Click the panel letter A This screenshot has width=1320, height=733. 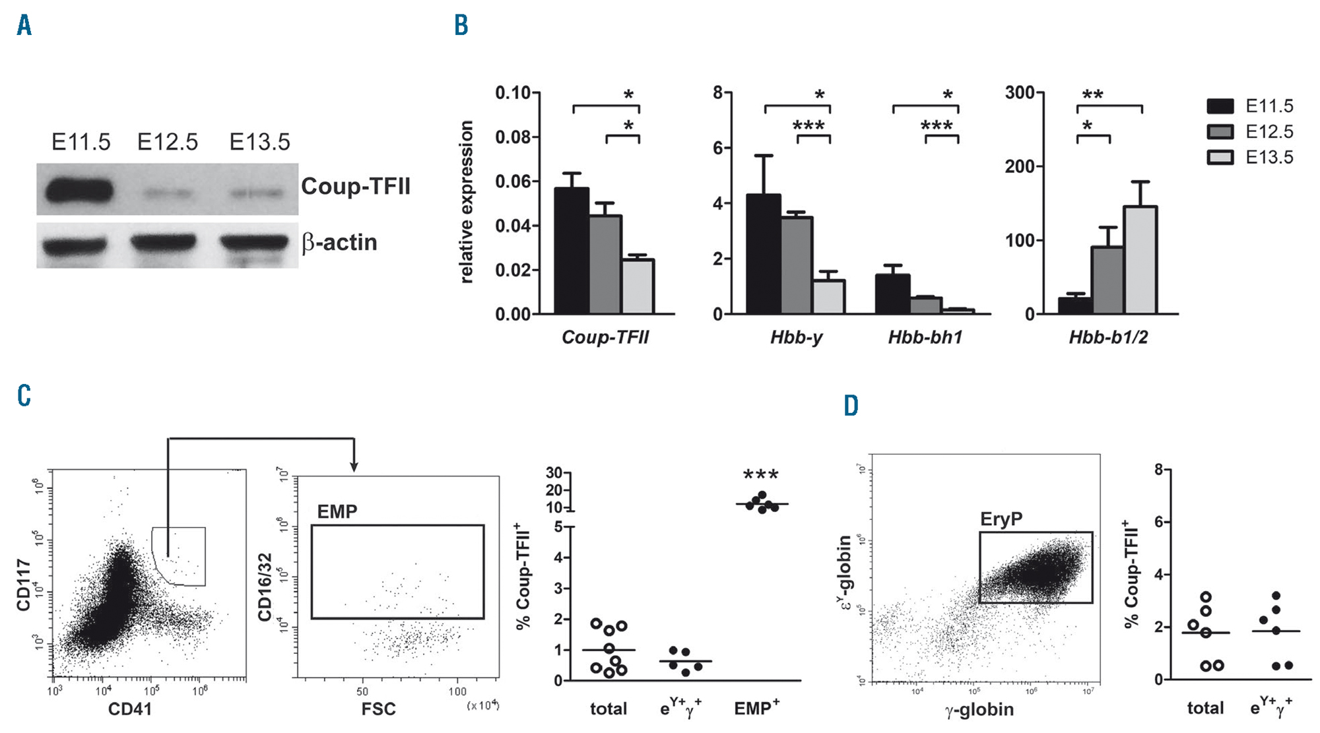click(x=24, y=26)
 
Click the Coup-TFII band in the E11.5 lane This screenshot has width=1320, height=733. click(x=79, y=191)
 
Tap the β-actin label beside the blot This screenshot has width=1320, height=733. click(x=339, y=243)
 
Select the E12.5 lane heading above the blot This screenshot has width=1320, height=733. click(x=167, y=143)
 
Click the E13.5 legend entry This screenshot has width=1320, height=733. click(x=1269, y=158)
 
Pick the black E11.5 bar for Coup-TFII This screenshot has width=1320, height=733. click(x=572, y=251)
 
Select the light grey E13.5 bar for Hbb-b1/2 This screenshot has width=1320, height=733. click(x=1140, y=260)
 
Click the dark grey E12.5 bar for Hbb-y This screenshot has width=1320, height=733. click(x=797, y=265)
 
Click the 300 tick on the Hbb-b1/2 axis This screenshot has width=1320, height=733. click(x=1019, y=93)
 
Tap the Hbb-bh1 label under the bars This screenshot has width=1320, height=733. click(x=925, y=338)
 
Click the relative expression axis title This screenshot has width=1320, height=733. click(x=467, y=202)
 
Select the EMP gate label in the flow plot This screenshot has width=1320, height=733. click(x=337, y=512)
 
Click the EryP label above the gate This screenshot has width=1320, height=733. click(x=1001, y=519)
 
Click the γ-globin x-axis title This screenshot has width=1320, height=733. click(x=979, y=710)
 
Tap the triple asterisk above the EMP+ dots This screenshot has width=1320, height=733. click(x=760, y=475)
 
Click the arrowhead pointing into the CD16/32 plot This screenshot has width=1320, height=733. click(x=354, y=466)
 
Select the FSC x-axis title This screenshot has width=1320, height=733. click(x=378, y=709)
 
